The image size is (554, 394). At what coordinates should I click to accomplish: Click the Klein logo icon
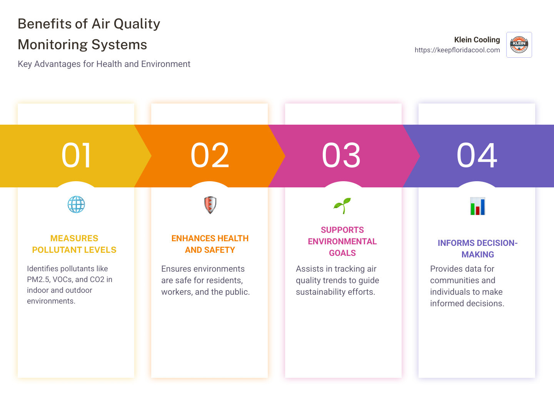[x=519, y=45]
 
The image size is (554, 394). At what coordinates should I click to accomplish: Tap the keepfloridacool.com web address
[x=457, y=50]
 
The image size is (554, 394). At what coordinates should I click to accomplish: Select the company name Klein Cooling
[x=477, y=40]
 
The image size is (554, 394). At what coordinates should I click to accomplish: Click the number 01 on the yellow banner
[x=77, y=155]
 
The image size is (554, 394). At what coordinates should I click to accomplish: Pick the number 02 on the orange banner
[x=210, y=155]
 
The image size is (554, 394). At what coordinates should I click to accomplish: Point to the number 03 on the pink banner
[x=341, y=155]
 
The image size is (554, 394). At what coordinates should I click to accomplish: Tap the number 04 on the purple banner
[x=477, y=155]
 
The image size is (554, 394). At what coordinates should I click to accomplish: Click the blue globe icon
[x=76, y=204]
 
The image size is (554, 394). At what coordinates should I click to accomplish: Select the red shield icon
[x=210, y=205]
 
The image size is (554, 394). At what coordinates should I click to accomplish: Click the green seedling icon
[x=342, y=205]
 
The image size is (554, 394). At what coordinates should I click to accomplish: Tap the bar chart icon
[x=477, y=206]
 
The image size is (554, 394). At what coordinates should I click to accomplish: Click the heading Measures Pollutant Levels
[x=74, y=244]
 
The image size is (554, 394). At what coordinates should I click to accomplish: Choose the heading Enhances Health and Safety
[x=210, y=244]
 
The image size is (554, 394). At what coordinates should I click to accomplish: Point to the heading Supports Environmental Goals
[x=342, y=241]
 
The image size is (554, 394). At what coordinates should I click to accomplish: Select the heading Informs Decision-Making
[x=477, y=249]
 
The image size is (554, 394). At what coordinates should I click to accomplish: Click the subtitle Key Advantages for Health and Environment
[x=104, y=64]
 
